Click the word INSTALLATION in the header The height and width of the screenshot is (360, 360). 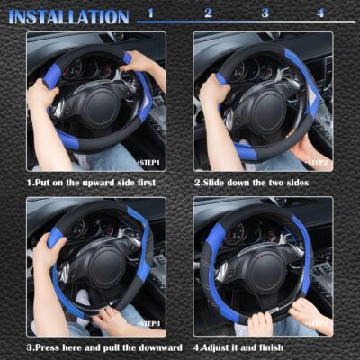tap(69, 16)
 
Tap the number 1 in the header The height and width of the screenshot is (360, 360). tap(150, 13)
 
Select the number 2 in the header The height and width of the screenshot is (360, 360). tap(208, 13)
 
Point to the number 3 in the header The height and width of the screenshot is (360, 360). tap(265, 13)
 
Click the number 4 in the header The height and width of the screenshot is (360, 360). tap(320, 13)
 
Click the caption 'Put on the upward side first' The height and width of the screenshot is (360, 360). tap(90, 183)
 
